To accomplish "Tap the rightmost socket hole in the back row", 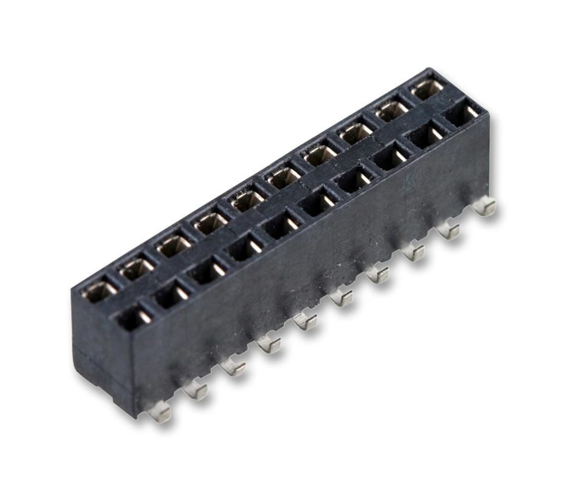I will coord(428,89).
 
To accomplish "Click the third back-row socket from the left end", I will coord(173,245).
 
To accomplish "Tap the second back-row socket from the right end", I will coord(392,110).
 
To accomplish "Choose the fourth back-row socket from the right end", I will coord(320,155).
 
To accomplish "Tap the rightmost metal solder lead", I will coord(484,207).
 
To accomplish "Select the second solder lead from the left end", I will coord(196,389).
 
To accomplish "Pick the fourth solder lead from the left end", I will coord(268,344).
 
